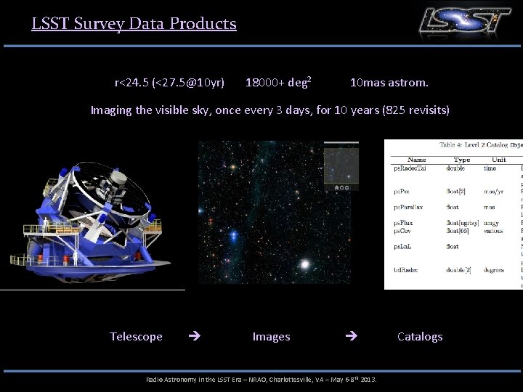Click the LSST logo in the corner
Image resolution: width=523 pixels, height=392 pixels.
[465, 21]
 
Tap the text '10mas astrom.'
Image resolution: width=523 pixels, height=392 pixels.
[389, 83]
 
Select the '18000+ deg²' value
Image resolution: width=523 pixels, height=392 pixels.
[279, 82]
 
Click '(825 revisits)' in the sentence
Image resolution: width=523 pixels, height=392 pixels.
[411, 110]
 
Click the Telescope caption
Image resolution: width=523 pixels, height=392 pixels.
[136, 336]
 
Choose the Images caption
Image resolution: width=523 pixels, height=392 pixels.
[271, 336]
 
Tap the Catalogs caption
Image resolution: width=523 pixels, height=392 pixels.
[420, 336]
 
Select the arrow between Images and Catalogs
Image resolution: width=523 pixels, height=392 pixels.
[352, 336]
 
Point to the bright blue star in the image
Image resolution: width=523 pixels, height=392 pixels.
[234, 235]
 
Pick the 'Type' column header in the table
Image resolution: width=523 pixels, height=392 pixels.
[462, 159]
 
